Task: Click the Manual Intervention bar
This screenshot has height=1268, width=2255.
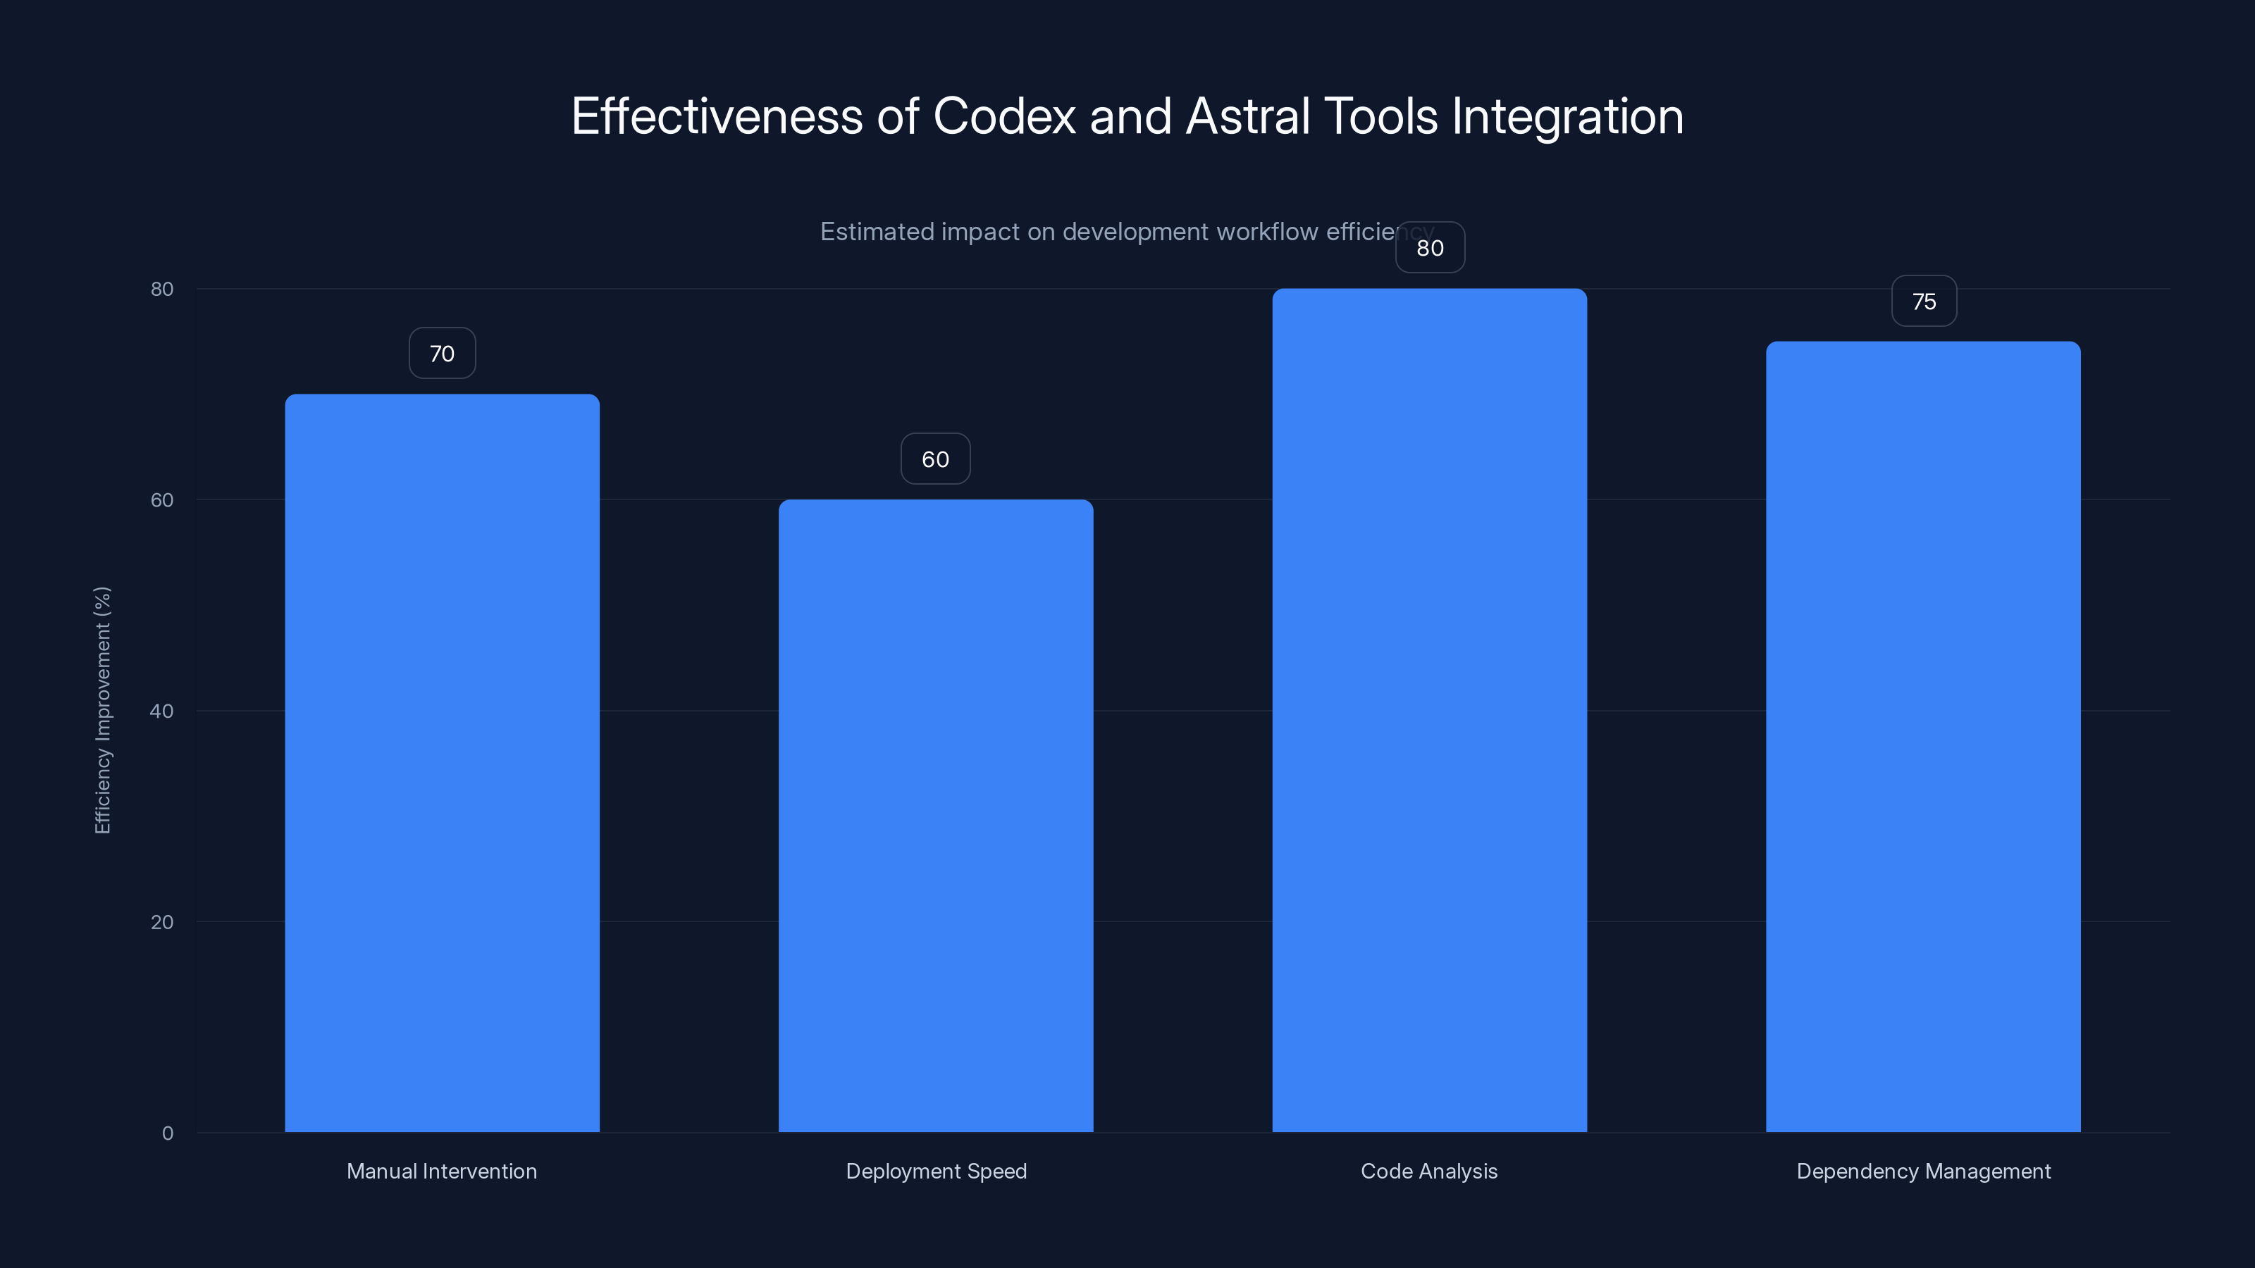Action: point(442,762)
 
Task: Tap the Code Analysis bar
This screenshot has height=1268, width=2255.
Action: point(1430,709)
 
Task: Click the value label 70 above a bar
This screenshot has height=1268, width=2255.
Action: point(442,354)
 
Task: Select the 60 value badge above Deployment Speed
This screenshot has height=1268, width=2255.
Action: point(936,459)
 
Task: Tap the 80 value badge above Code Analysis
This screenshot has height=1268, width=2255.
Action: point(1430,249)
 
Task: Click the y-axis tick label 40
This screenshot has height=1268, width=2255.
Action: point(162,711)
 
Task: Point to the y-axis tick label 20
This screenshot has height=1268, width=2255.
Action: point(162,922)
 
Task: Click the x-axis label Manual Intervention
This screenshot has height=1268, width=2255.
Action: point(442,1171)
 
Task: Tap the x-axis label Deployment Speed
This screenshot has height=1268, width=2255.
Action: point(936,1171)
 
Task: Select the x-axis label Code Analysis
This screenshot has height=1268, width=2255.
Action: point(1430,1171)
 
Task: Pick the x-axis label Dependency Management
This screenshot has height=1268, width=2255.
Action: point(1923,1171)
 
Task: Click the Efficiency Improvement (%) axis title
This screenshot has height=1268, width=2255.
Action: point(102,709)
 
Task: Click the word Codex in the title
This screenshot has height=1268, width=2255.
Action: point(1004,116)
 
